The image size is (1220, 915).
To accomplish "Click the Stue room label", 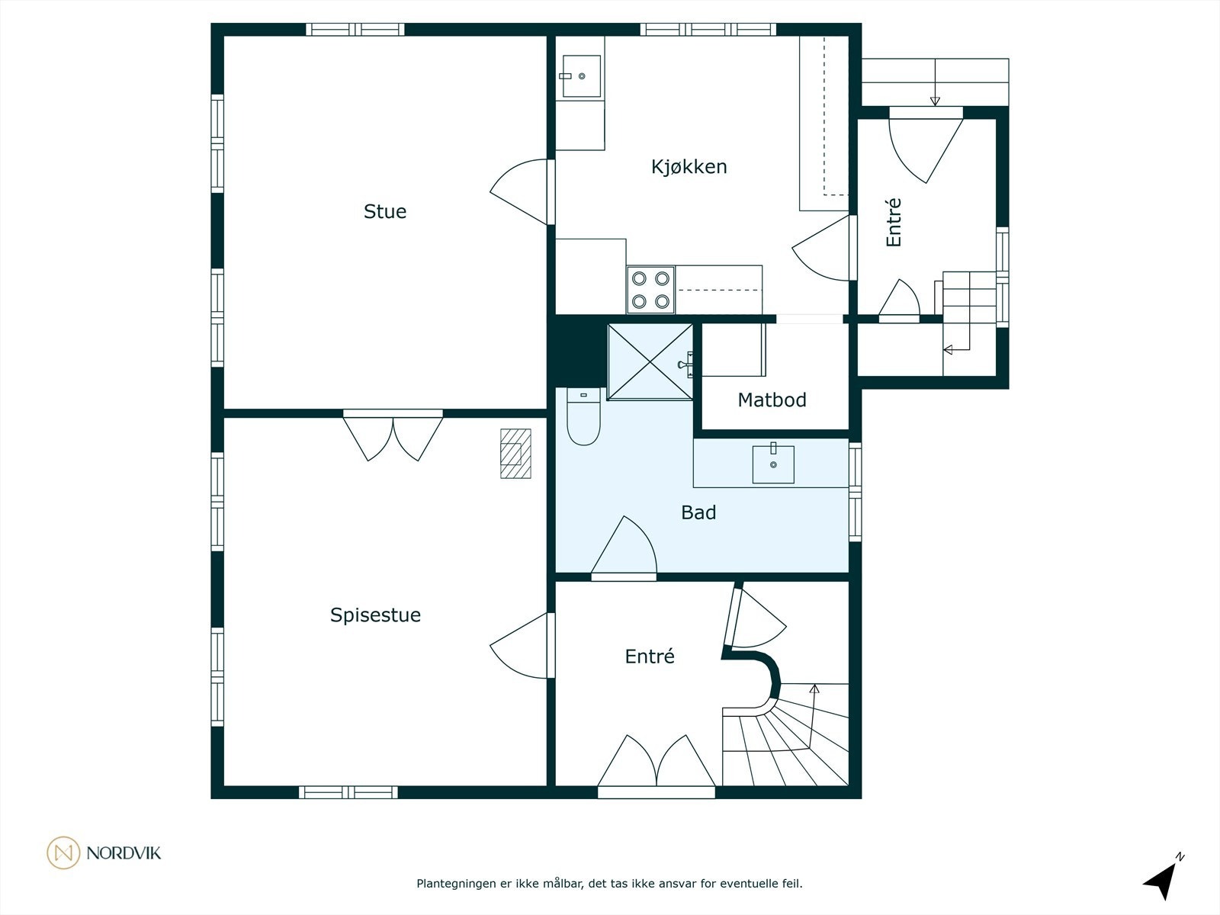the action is click(384, 212).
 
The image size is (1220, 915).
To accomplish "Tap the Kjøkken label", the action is click(689, 167).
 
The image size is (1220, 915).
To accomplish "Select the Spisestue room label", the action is click(375, 615).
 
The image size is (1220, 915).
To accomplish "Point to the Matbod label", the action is click(772, 400).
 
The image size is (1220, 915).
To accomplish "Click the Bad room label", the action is click(698, 512).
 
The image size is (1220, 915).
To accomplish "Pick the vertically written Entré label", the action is click(893, 222).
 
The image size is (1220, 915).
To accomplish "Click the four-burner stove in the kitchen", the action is click(651, 290).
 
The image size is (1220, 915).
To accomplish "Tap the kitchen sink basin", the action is click(581, 76).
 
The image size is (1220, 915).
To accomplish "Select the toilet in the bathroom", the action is click(583, 416).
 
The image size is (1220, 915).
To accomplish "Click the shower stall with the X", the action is click(650, 361).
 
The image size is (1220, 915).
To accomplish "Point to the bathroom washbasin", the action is click(773, 464).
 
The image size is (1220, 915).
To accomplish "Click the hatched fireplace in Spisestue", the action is click(515, 454).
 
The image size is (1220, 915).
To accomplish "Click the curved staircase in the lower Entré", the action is click(785, 734).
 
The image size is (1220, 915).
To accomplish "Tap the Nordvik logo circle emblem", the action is click(63, 852).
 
